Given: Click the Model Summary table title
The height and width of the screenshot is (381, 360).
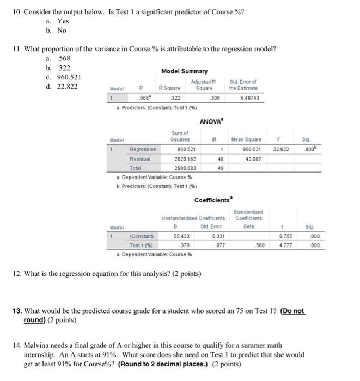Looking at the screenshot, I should click(x=184, y=71).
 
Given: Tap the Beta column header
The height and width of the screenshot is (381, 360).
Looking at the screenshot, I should click(x=249, y=226).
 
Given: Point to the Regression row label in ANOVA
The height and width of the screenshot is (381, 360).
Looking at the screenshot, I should click(x=143, y=149).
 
